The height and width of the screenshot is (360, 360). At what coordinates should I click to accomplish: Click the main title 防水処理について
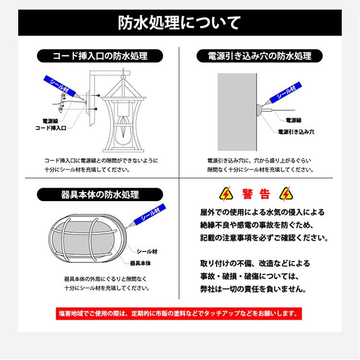tap(180, 23)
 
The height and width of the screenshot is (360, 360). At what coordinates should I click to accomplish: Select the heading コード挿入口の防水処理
tap(99, 56)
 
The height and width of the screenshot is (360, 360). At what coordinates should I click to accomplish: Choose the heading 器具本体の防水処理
tap(100, 195)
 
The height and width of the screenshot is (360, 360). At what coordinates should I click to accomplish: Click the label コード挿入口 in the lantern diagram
tap(51, 128)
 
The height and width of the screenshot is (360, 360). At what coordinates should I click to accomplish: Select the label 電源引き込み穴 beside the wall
tap(296, 131)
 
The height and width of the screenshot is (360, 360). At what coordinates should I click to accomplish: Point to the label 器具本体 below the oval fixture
tap(140, 263)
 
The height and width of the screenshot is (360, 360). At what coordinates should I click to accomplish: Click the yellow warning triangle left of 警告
tap(225, 193)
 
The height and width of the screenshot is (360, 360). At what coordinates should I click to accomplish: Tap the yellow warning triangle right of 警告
tap(286, 193)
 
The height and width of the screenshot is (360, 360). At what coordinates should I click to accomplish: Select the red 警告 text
tap(256, 194)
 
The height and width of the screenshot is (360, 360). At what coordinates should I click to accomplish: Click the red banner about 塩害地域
tap(180, 313)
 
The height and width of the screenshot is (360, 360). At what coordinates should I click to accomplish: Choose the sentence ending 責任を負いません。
tap(253, 289)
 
